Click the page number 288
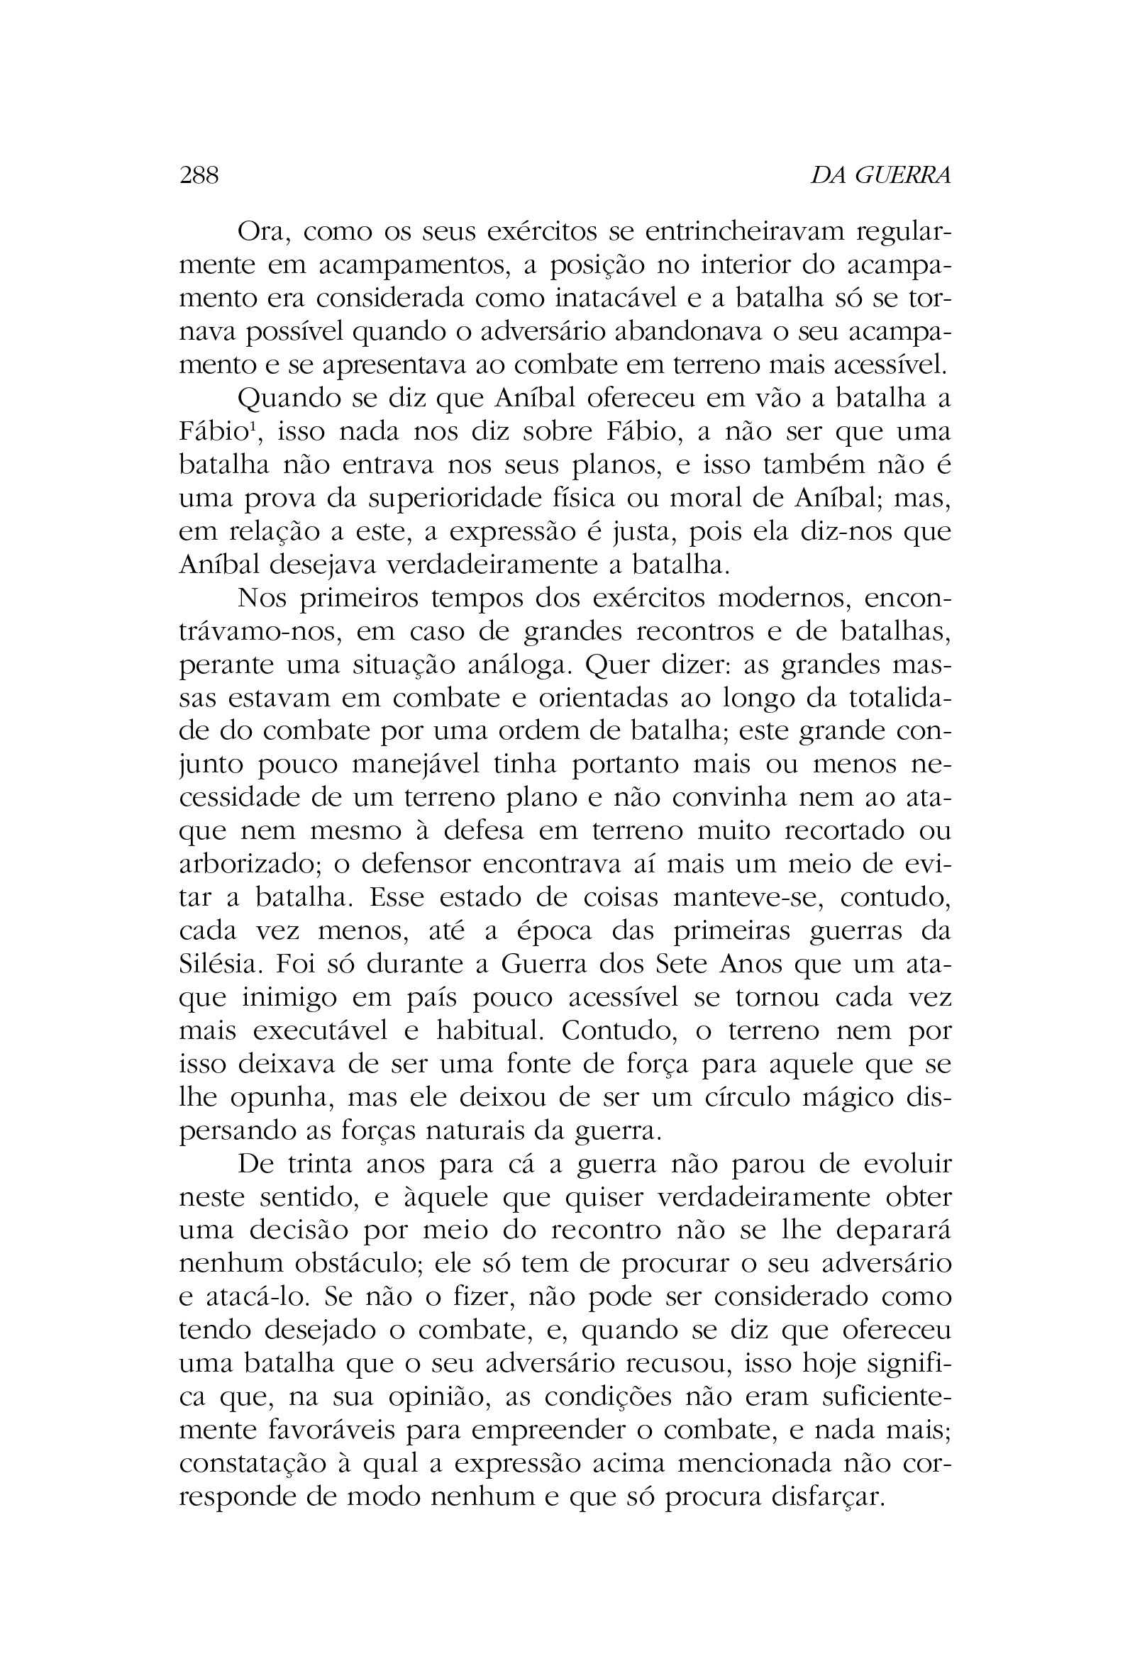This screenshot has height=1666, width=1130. pos(199,175)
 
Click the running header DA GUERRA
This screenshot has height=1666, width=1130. pos(880,175)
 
